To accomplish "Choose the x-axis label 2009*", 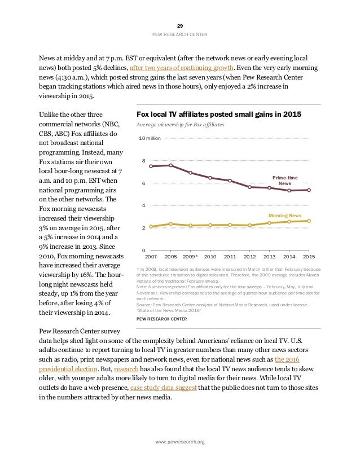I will click(191, 256).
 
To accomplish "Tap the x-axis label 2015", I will click(309, 256).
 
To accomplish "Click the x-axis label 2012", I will click(249, 256).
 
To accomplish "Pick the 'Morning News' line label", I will click(285, 216).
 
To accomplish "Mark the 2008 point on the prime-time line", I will click(171, 165).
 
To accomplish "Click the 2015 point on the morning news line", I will click(309, 221).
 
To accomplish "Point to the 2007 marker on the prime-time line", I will click(151, 166).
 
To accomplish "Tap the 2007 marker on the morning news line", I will click(151, 226).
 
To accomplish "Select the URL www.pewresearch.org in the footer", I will click(180, 442).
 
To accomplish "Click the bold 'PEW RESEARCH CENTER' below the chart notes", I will click(163, 319).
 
